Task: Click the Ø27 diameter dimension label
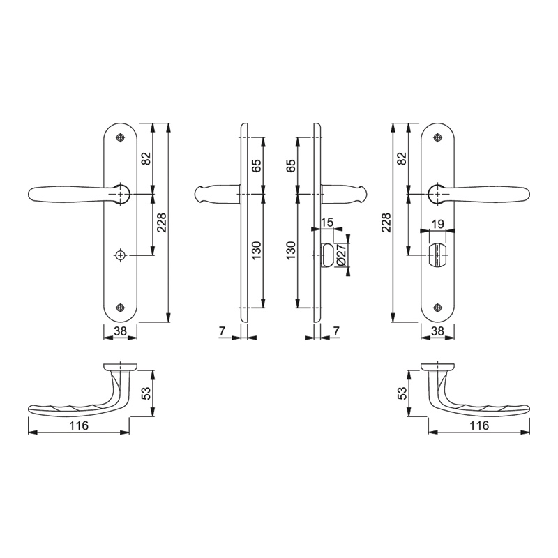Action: [340, 254]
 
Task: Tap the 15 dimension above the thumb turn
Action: [326, 223]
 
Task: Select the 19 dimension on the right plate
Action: [437, 224]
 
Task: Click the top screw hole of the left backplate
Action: [121, 137]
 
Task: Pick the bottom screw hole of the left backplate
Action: [121, 308]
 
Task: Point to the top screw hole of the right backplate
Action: [437, 137]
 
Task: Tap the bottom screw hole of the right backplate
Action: [437, 308]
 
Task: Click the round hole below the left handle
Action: [121, 255]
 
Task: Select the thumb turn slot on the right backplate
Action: [437, 255]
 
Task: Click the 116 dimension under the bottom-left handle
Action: [79, 425]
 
